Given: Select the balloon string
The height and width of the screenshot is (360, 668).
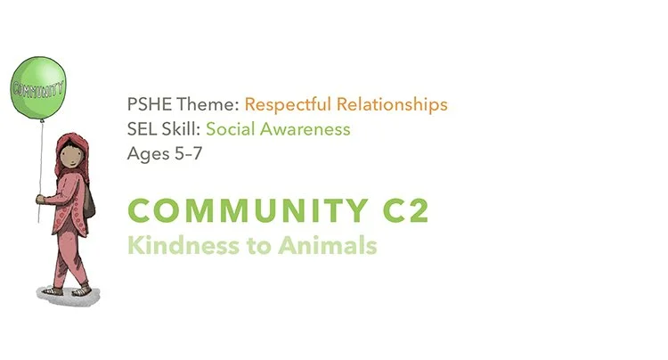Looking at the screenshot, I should (x=37, y=160).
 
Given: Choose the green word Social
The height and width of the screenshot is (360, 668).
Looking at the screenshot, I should (x=232, y=129).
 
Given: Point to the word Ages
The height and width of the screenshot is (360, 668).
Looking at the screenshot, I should (x=148, y=152).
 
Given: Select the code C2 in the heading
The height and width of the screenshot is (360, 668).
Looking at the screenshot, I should (x=403, y=211).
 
